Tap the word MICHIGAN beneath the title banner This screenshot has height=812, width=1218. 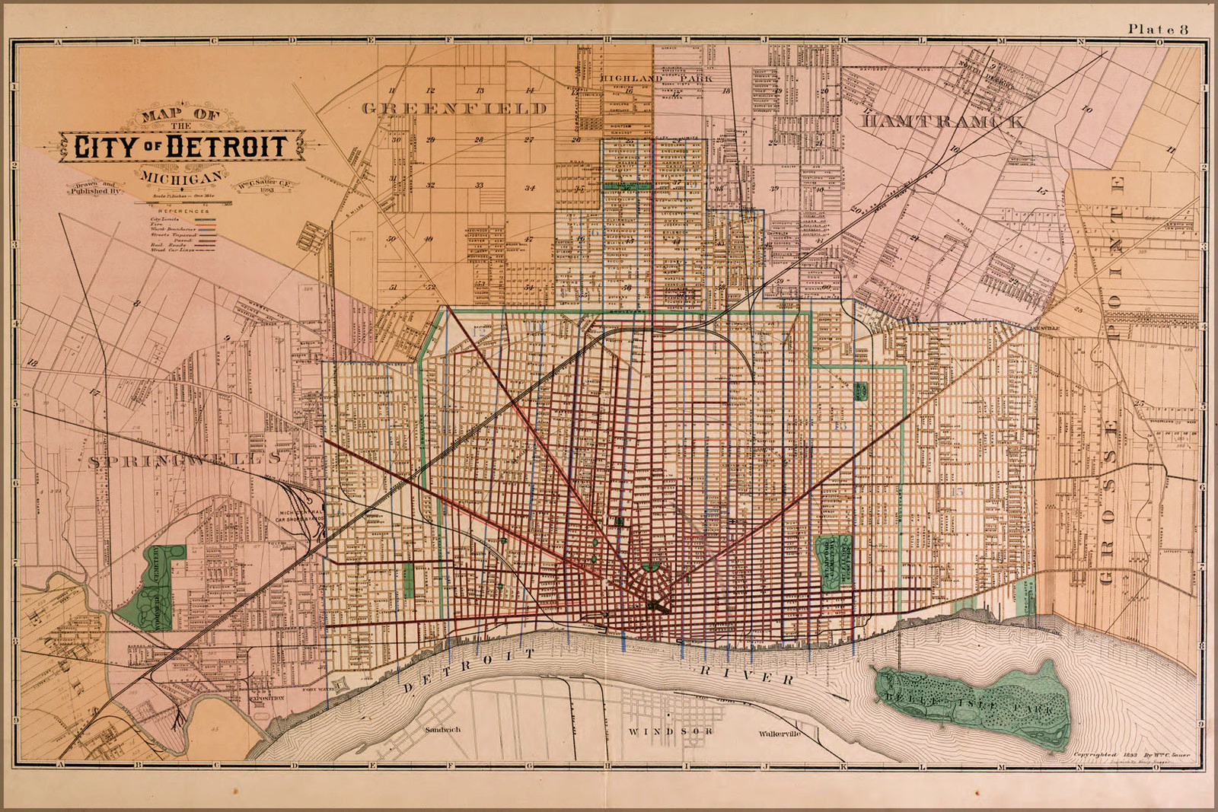click(182, 177)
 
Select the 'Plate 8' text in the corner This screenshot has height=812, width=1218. click(1158, 29)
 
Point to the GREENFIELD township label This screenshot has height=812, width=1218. click(454, 108)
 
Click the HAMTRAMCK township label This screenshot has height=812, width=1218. click(942, 121)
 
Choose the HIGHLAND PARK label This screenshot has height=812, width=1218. click(655, 78)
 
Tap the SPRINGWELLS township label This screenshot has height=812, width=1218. click(183, 460)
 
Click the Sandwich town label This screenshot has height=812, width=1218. click(443, 729)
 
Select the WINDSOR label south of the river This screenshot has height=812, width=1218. click(671, 731)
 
